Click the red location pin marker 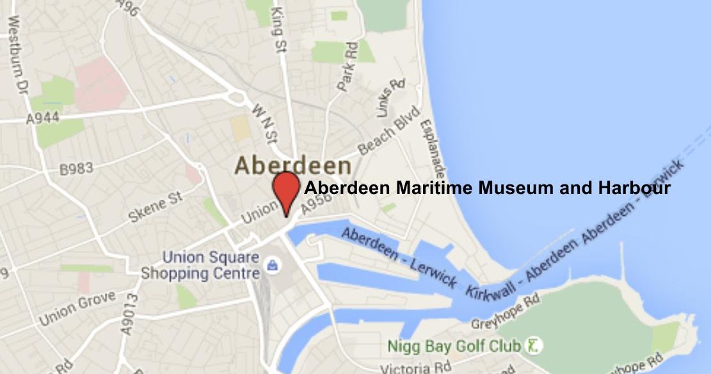tap(286, 189)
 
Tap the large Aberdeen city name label tap(292, 165)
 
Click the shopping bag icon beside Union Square tap(273, 264)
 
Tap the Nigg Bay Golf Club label tap(454, 346)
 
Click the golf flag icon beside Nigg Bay tap(532, 346)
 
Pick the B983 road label tap(76, 170)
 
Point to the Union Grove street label tap(77, 308)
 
